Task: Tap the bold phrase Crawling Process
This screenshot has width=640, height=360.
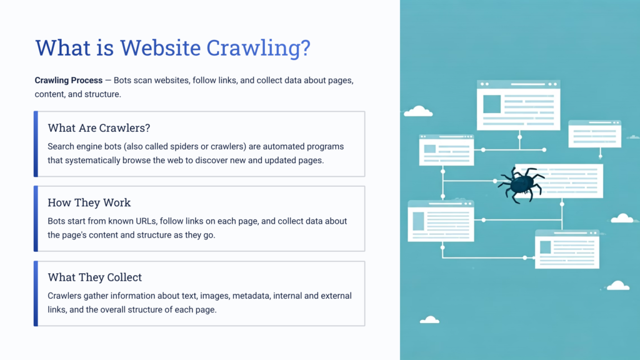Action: [x=69, y=81]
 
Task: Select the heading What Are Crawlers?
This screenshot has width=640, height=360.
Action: [x=99, y=128]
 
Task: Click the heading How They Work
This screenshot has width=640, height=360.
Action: [x=89, y=202]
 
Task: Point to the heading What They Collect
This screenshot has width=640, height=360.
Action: [x=94, y=277]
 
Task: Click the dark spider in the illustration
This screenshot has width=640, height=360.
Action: [x=521, y=184]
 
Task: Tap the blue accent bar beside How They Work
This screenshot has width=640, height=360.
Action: [x=36, y=218]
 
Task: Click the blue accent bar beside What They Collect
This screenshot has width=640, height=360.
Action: [x=36, y=293]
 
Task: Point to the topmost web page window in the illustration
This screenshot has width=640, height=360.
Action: [x=518, y=105]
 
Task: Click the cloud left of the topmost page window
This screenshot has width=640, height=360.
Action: [x=418, y=112]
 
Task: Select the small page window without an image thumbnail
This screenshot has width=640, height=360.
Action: [x=594, y=133]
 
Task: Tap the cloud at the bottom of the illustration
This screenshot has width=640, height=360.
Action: [x=429, y=320]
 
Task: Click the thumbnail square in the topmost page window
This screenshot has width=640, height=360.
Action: [x=492, y=104]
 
